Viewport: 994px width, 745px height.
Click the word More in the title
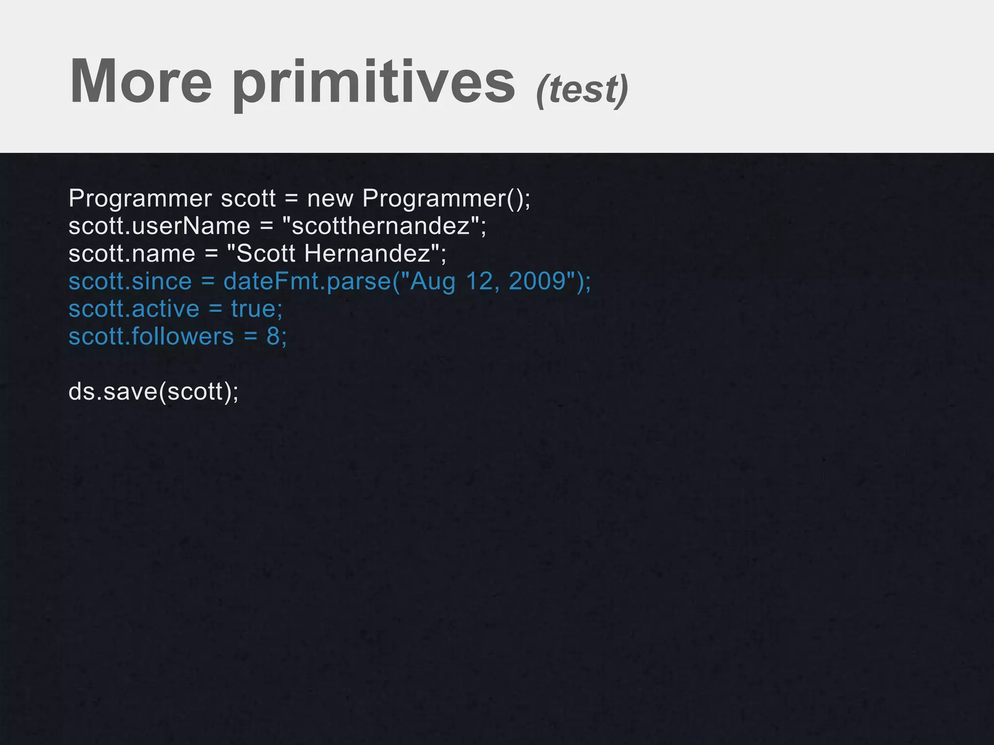[x=141, y=81]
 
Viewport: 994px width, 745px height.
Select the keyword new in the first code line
[x=330, y=198]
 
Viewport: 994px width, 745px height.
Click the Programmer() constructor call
[x=446, y=198]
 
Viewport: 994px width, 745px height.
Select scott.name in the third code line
[x=132, y=254]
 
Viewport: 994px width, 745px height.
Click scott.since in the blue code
[x=130, y=281]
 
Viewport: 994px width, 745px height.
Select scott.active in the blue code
[x=134, y=309]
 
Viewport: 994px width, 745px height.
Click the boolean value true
[x=253, y=309]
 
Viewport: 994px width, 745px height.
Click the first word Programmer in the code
[x=140, y=198]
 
